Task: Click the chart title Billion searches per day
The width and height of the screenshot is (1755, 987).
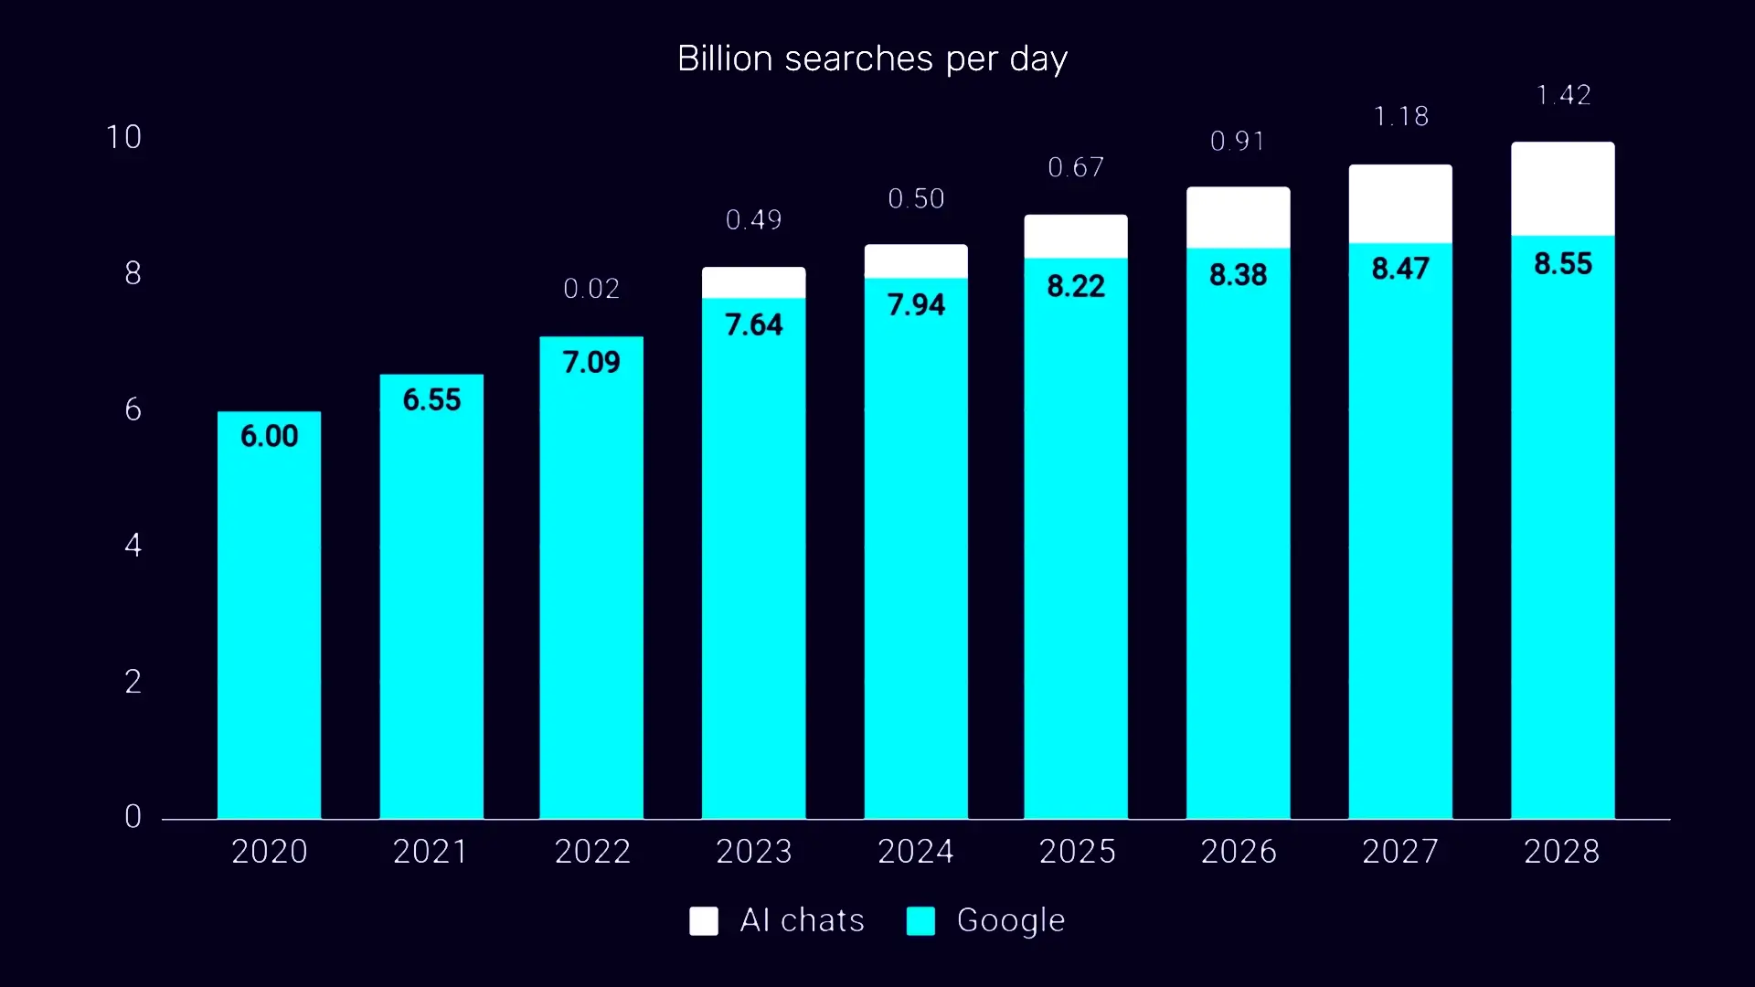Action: [872, 58]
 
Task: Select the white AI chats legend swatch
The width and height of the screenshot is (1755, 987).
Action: [703, 920]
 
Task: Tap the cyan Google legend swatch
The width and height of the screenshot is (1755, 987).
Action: [920, 920]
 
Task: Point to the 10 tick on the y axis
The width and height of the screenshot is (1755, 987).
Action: [124, 137]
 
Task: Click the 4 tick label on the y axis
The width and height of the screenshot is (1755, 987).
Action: [133, 546]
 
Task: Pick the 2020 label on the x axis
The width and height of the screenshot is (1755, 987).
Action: [269, 852]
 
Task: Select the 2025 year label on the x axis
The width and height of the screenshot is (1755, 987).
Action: [1077, 852]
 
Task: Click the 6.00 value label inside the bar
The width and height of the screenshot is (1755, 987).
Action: [269, 436]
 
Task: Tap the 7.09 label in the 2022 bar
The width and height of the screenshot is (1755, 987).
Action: [591, 362]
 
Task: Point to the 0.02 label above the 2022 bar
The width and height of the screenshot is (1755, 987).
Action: [591, 289]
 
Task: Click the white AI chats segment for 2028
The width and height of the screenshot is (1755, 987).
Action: [1562, 188]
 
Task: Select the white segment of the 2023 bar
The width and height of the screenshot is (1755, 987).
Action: [753, 282]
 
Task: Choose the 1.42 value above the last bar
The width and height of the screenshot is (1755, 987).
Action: [1563, 95]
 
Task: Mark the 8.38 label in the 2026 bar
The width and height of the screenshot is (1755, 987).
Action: [1238, 274]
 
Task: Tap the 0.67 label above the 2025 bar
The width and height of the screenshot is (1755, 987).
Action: [1076, 167]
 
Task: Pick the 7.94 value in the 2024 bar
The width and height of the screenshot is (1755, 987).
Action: [916, 304]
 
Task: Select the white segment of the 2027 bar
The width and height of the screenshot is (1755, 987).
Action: [1400, 204]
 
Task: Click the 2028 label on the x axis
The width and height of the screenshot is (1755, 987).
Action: [1561, 852]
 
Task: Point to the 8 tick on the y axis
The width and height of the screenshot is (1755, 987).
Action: [133, 273]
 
